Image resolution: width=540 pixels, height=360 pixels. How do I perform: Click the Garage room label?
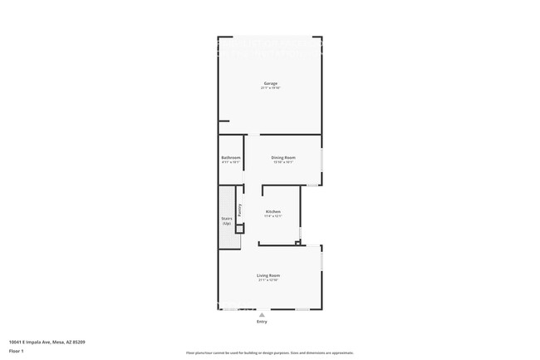271,83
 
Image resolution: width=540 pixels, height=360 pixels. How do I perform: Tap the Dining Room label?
284,157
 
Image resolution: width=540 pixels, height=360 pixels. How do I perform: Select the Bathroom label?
231,157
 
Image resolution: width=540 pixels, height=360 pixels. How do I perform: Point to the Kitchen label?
273,211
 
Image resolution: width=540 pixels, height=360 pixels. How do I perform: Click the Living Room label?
268,275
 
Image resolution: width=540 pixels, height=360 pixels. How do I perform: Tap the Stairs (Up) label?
227,220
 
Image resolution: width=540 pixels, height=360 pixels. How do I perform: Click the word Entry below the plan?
263,322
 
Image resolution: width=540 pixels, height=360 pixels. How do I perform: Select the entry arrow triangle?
263,314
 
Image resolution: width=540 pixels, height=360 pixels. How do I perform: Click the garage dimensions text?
271,88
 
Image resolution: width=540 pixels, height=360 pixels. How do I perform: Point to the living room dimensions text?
268,280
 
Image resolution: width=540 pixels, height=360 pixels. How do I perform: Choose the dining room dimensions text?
284,162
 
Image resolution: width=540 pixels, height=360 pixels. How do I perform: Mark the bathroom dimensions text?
231,162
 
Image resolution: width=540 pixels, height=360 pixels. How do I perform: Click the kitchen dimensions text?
273,216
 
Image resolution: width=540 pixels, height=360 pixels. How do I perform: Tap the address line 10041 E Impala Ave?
47,341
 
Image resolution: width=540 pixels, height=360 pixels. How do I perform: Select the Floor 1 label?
17,351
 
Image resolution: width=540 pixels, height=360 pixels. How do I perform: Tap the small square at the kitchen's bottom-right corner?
301,243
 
